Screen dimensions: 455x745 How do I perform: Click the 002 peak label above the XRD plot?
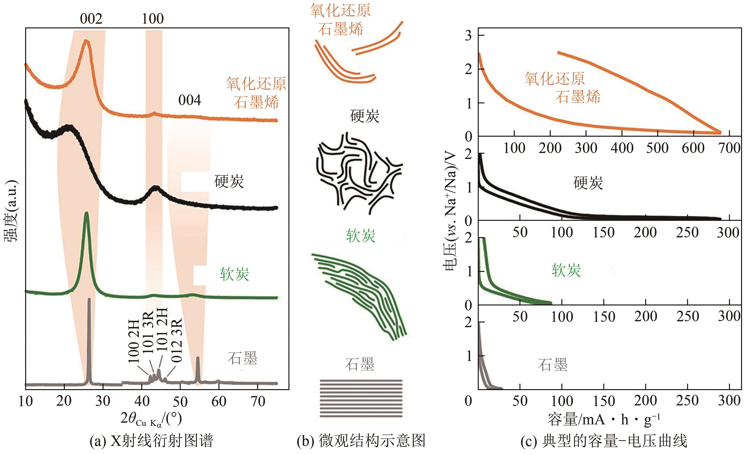pos(91,19)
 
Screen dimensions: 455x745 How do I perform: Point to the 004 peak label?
pos(190,100)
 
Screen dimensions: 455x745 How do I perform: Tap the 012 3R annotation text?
pos(177,340)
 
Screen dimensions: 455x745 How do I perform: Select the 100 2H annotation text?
pos(134,341)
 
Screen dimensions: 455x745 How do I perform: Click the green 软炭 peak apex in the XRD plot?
pos(87,213)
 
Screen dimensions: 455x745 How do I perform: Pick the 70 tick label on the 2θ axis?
pos(258,401)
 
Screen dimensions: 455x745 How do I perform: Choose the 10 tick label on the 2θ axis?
pos(25,401)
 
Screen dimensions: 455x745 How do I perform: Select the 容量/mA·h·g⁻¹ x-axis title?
pos(603,419)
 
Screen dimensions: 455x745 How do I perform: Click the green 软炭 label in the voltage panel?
pos(566,270)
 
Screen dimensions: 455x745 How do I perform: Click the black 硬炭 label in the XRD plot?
pos(229,182)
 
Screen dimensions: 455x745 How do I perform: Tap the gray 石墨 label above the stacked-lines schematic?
pos(359,364)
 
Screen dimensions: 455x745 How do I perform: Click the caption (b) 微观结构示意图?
pos(361,440)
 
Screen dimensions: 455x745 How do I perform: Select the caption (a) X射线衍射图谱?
pos(151,440)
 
